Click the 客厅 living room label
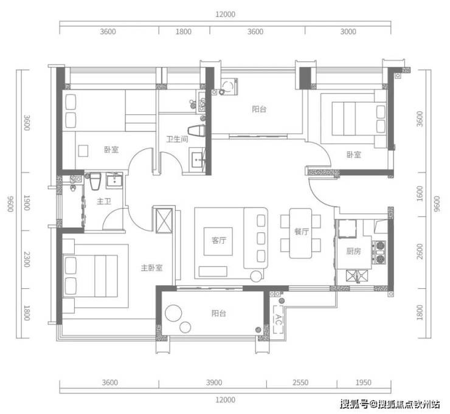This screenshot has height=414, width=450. [219, 240]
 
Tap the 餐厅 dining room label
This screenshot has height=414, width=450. [302, 232]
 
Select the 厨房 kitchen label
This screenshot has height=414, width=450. [353, 251]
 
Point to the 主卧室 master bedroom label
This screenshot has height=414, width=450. [151, 268]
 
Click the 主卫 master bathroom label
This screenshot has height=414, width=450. [104, 201]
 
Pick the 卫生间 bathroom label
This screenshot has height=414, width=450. [177, 139]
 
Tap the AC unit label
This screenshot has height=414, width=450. [279, 319]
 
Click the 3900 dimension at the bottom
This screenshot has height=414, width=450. [214, 382]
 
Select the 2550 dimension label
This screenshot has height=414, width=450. [300, 382]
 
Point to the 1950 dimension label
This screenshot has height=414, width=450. [363, 382]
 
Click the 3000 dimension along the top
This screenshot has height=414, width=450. [348, 32]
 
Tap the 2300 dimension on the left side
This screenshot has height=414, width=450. [27, 260]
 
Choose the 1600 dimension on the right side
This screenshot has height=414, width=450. [420, 194]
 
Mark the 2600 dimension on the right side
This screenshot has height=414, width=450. [420, 251]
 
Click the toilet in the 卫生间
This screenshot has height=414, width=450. [196, 131]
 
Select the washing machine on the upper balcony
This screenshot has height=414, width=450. [229, 86]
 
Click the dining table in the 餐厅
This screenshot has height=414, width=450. [300, 233]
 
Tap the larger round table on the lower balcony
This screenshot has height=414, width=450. [173, 313]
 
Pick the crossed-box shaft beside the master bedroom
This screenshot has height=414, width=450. [164, 221]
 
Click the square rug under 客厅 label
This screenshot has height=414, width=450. [218, 241]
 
